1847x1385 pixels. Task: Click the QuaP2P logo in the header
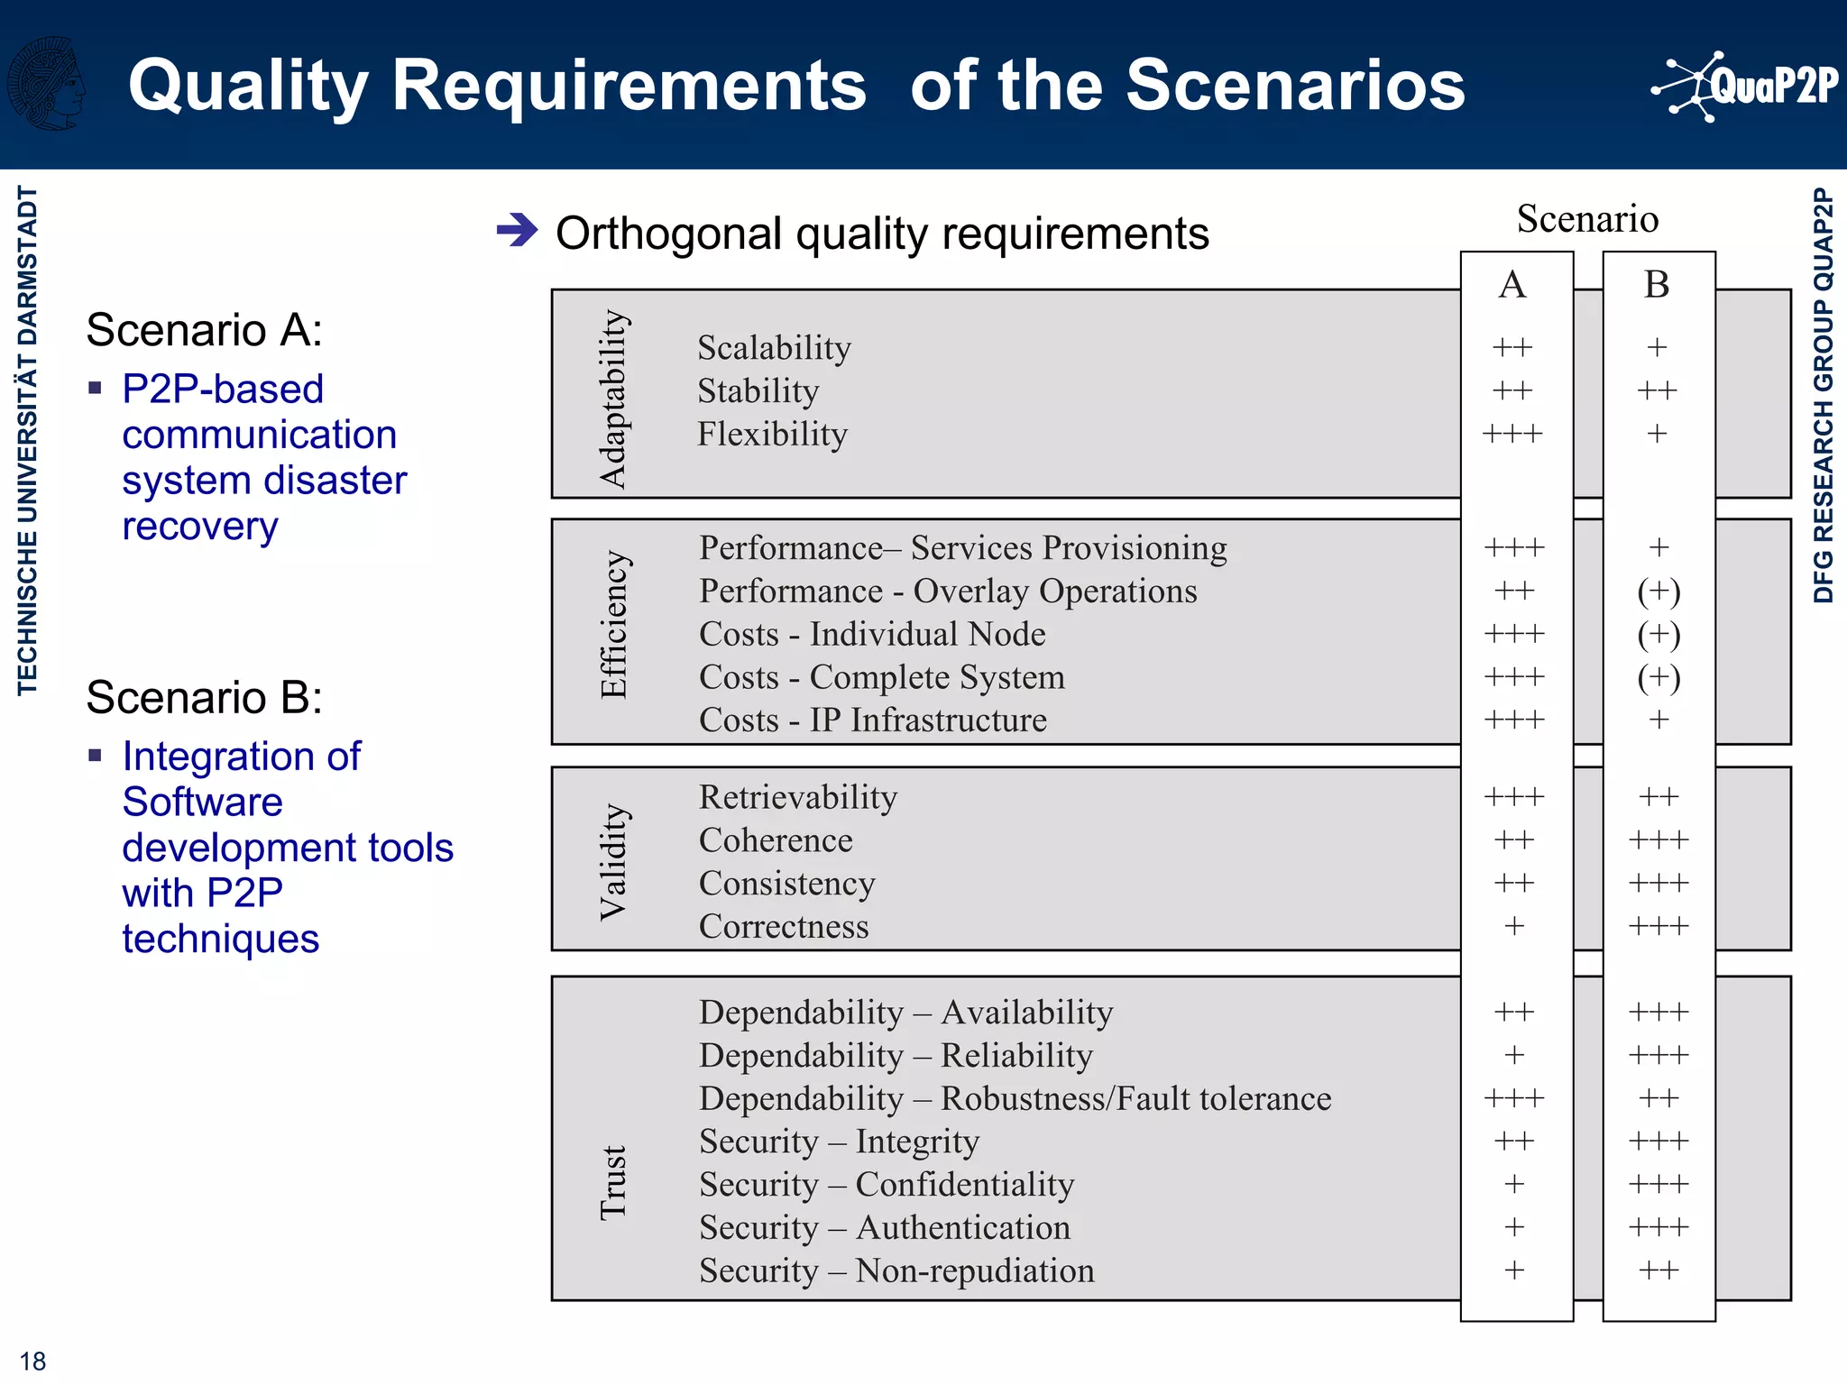[x=1745, y=87]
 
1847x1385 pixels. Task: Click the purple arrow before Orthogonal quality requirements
[x=518, y=230]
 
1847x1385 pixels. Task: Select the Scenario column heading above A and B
[x=1587, y=219]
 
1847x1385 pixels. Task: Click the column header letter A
[x=1512, y=285]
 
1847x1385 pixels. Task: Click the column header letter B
[x=1657, y=285]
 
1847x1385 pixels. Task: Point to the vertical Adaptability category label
[x=613, y=399]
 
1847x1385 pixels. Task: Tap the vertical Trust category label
[x=613, y=1182]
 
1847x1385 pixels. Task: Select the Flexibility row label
[x=772, y=435]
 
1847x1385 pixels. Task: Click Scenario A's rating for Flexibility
[x=1512, y=434]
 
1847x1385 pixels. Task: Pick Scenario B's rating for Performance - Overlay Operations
[x=1659, y=592]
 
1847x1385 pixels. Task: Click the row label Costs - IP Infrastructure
[x=872, y=720]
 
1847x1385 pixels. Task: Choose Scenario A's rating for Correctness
[x=1514, y=926]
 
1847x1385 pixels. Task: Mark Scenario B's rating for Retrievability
[x=1659, y=796]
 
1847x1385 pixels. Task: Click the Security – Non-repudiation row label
[x=896, y=1270]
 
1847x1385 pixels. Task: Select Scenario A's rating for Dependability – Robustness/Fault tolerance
[x=1514, y=1098]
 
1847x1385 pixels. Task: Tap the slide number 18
[x=32, y=1361]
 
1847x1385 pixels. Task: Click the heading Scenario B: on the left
[x=204, y=697]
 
